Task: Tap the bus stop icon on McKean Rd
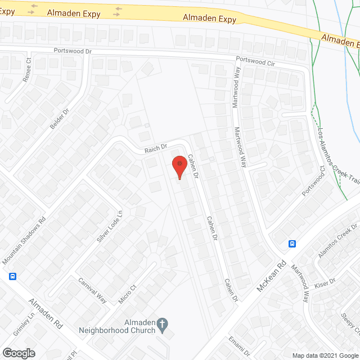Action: click(292, 244)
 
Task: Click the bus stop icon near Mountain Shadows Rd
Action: click(12, 276)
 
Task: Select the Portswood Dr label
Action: click(72, 51)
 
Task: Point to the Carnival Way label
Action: click(92, 290)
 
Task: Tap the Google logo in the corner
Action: click(18, 353)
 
